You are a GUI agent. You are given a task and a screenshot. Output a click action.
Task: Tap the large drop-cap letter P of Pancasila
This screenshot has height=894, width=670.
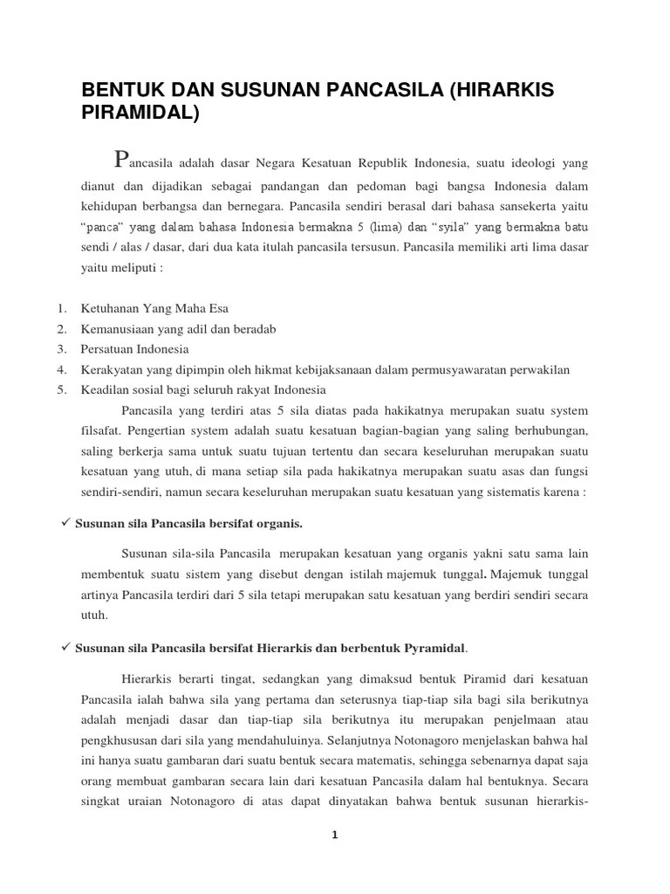pos(122,159)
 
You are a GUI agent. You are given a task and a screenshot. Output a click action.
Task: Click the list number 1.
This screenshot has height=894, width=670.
pos(62,308)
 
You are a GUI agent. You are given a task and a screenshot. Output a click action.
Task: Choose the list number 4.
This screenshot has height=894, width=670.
pos(62,369)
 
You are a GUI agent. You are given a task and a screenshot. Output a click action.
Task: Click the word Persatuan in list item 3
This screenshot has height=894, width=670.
pos(106,349)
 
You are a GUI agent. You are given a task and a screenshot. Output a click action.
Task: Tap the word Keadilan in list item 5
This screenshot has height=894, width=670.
pos(104,389)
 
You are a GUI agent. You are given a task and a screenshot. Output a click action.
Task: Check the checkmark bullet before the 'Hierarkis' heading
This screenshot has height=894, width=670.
pos(62,648)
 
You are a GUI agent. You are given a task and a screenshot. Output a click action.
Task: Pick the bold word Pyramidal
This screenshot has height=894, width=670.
pos(439,649)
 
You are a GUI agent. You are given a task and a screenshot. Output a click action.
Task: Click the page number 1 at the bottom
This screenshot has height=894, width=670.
pos(334,835)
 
